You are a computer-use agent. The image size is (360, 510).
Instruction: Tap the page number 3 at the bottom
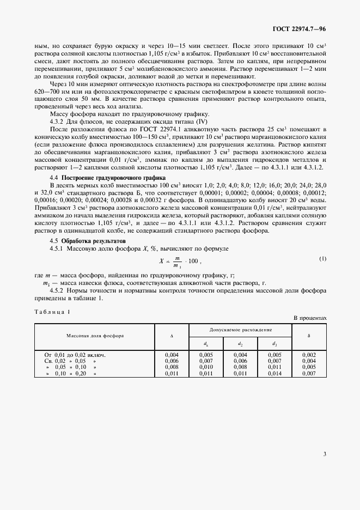(x=324, y=453)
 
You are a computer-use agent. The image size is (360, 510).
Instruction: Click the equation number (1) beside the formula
(x=323, y=258)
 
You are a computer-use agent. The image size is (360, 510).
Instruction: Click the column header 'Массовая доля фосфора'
(x=95, y=336)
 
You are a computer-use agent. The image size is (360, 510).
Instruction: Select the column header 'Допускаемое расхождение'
(x=241, y=330)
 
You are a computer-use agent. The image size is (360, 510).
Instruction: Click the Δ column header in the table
(x=172, y=336)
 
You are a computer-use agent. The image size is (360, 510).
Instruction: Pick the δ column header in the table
(x=309, y=336)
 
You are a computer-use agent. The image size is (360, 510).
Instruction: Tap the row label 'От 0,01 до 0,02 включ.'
(x=75, y=355)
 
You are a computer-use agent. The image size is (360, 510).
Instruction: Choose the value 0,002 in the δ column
(x=309, y=355)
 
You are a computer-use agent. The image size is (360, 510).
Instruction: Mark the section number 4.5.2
(x=58, y=290)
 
